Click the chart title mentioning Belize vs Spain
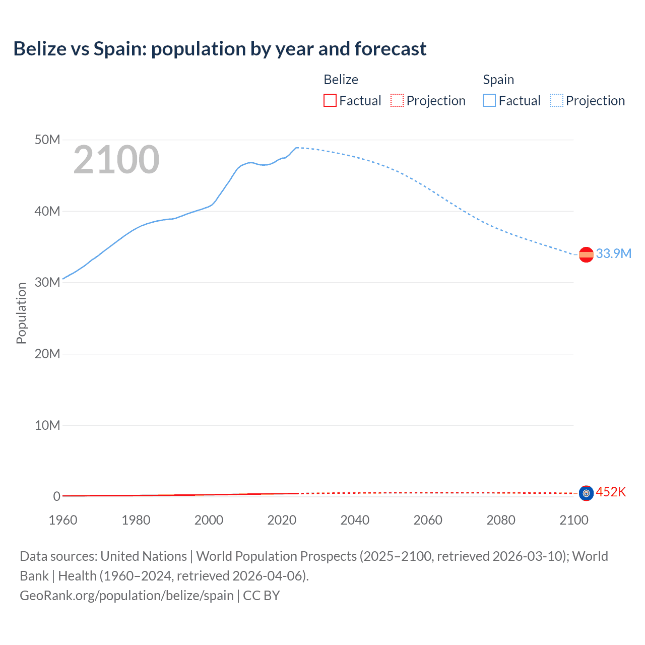click(220, 49)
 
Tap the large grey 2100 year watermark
click(116, 160)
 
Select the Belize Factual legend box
click(330, 100)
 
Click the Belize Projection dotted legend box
click(397, 100)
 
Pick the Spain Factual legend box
click(489, 100)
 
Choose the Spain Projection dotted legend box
click(556, 100)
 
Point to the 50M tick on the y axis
click(47, 140)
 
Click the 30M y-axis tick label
click(47, 282)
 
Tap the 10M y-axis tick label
click(47, 425)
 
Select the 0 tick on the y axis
click(56, 496)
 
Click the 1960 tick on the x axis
click(63, 520)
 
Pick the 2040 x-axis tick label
click(355, 520)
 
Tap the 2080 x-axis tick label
click(501, 520)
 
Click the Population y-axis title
click(21, 313)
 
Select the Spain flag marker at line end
click(586, 255)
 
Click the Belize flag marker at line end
click(586, 493)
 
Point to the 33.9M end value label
click(613, 253)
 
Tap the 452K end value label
click(611, 492)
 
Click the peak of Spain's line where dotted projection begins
click(297, 148)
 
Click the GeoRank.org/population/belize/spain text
click(126, 596)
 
